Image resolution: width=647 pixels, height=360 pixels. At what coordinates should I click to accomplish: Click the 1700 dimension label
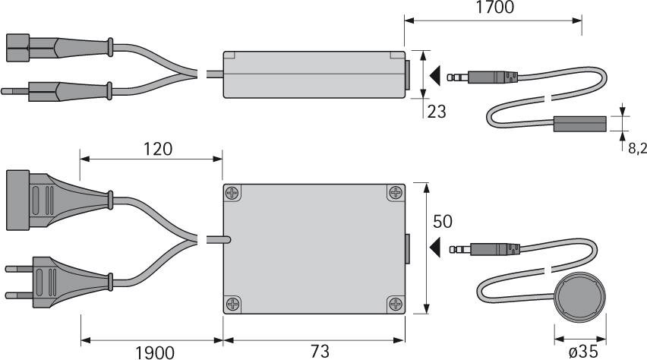tap(494, 7)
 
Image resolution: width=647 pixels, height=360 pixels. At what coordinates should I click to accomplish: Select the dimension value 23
tap(437, 112)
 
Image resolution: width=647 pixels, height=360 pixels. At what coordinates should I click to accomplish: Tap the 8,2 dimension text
tap(637, 148)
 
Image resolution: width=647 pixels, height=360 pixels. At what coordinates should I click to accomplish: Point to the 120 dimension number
tap(157, 149)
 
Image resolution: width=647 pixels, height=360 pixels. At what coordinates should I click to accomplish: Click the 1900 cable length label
tap(155, 352)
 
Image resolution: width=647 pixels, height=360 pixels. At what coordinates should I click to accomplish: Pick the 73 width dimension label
tap(320, 352)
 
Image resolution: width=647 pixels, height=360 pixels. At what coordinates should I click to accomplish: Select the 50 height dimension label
tap(442, 222)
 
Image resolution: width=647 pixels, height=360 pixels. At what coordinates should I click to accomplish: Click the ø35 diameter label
tap(583, 352)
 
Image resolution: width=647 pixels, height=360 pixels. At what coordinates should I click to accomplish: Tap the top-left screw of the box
tap(233, 192)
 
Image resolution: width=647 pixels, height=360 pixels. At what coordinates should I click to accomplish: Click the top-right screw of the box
tap(396, 192)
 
